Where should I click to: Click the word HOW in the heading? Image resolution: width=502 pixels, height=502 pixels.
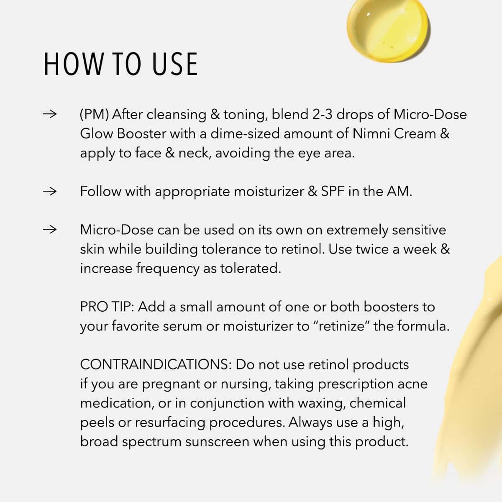74,64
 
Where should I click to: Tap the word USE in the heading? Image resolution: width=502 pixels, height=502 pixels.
175,64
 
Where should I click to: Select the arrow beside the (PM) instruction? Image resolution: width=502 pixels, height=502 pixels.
50,114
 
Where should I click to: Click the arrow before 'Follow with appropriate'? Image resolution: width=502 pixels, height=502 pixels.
50,192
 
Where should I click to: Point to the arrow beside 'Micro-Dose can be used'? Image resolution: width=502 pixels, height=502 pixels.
50,230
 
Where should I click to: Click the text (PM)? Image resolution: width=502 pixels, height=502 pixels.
94,115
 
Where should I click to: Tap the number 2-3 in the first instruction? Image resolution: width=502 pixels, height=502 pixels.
322,114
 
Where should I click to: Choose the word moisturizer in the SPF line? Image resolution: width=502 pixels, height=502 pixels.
269,192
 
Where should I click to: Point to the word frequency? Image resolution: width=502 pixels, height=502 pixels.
168,269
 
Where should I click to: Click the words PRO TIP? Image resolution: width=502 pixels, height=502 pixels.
107,307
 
